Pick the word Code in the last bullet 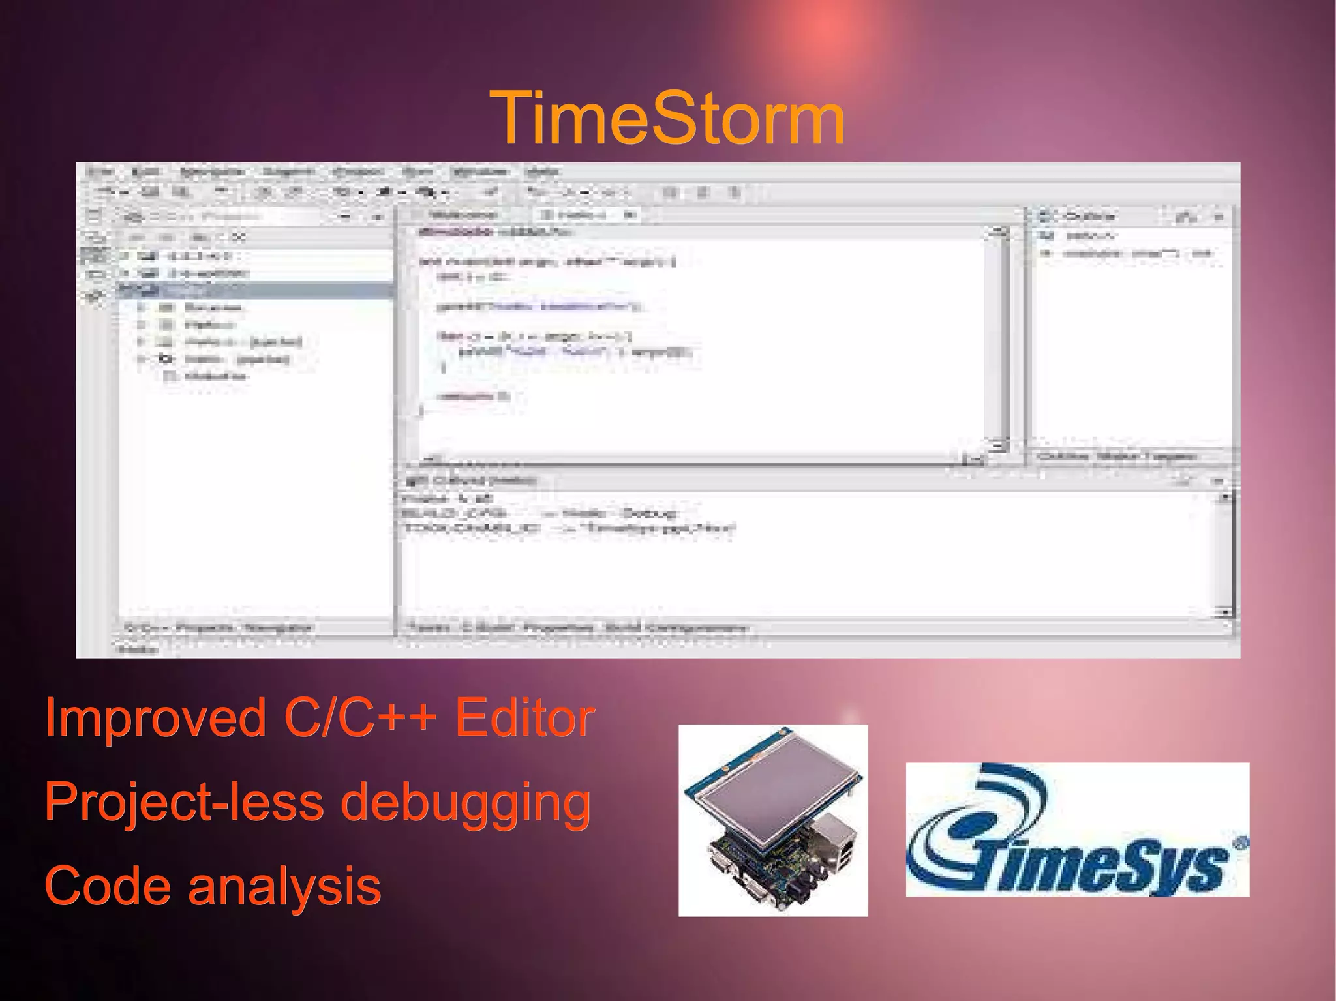pyautogui.click(x=107, y=886)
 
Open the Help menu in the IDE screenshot pyautogui.click(x=542, y=172)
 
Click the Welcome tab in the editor pyautogui.click(x=463, y=215)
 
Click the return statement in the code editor pyautogui.click(x=472, y=396)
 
